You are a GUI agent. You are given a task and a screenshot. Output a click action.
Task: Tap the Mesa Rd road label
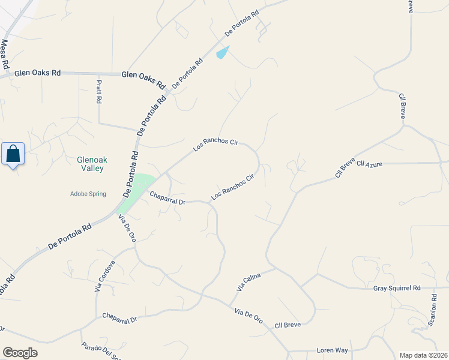coord(5,53)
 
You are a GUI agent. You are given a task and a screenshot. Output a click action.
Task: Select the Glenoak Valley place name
coord(90,164)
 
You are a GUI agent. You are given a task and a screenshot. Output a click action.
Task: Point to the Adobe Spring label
coord(88,194)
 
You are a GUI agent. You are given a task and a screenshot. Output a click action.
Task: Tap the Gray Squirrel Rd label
coord(397,288)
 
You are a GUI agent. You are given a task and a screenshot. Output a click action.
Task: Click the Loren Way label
coord(333,350)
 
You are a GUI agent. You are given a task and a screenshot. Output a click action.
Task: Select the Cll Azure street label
coord(369,163)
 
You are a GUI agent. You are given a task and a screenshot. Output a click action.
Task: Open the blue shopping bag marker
coord(13,154)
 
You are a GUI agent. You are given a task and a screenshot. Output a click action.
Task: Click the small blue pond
coord(222,53)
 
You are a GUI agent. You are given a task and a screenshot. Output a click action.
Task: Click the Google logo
coord(20,353)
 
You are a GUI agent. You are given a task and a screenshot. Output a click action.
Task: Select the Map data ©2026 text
coord(423,355)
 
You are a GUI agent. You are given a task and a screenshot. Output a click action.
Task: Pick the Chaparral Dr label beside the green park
coord(167,198)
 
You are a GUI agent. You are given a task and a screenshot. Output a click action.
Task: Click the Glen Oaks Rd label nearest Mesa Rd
coord(40,73)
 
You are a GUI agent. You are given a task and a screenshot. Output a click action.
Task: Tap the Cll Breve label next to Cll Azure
coord(345,168)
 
